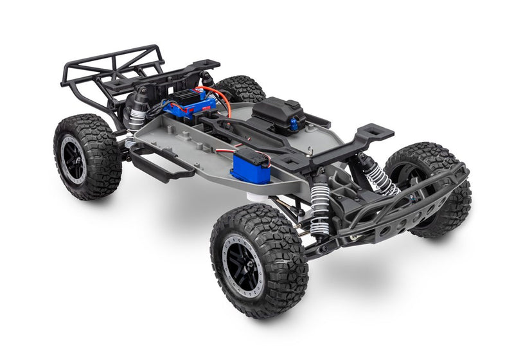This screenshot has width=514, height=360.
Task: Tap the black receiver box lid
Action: coord(278,109)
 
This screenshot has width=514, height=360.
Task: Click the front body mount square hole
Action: coord(375,133)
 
